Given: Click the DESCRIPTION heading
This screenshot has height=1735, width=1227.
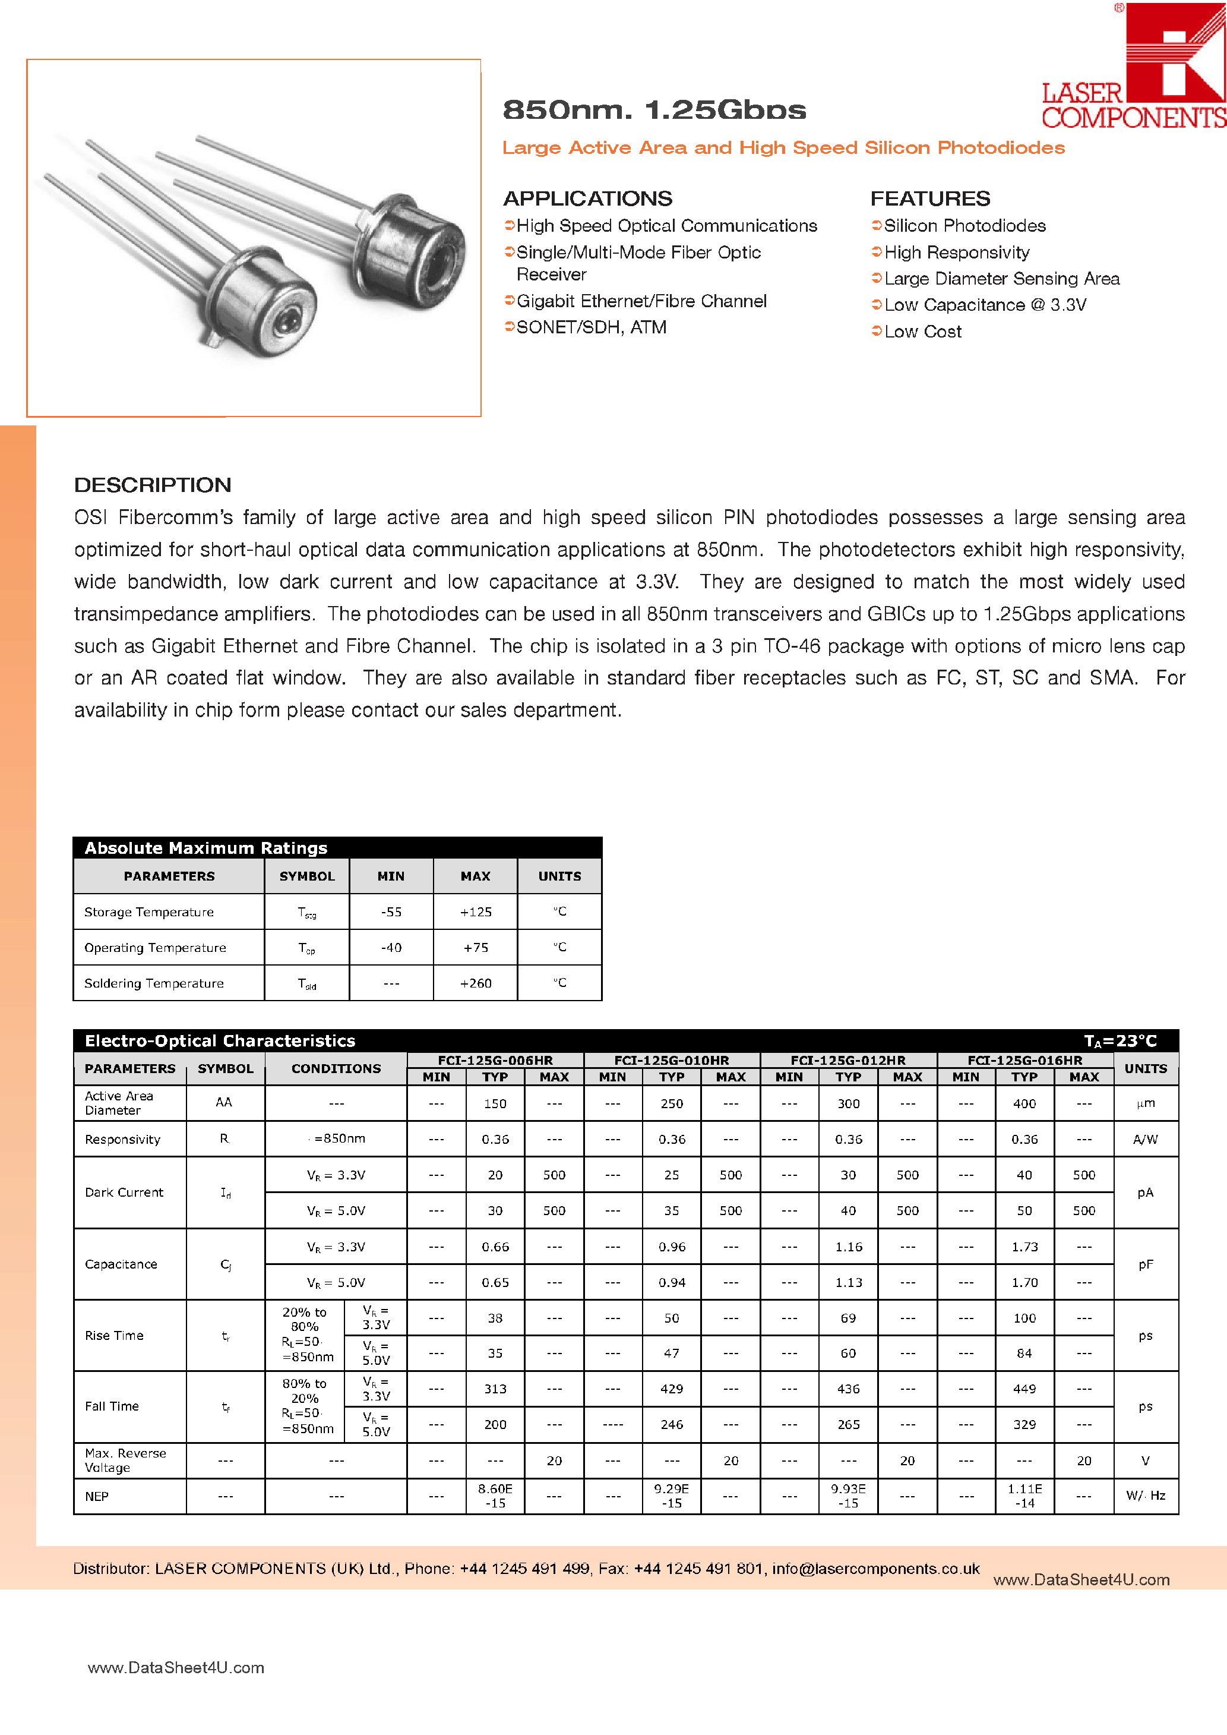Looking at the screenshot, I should (153, 485).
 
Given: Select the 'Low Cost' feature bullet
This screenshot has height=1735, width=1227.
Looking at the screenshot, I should (922, 332).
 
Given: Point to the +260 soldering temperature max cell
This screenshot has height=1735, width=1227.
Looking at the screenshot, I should (475, 983).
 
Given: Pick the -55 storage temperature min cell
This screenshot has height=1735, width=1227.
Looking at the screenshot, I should (391, 912).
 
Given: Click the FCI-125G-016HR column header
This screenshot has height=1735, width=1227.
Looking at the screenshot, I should (1024, 1060).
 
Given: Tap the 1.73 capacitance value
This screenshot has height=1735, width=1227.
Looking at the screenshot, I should (1024, 1247).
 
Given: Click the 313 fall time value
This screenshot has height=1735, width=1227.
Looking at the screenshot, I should (495, 1389).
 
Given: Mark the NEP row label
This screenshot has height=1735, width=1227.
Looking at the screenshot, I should (97, 1496).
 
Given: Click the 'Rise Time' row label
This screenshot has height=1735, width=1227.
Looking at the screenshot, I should (114, 1335).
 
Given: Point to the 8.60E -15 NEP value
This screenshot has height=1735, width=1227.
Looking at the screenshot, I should (495, 1496).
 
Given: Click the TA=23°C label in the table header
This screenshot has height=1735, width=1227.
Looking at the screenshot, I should (1120, 1042).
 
